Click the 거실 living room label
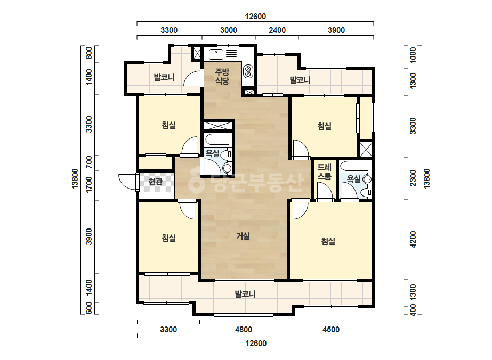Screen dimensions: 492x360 point(243,236)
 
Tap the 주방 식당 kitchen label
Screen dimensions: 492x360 point(222,77)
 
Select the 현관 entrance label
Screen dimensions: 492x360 point(155,182)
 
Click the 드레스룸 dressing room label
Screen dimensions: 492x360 point(324,172)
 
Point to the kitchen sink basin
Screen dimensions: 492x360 point(216,54)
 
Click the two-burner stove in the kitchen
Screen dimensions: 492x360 point(248,71)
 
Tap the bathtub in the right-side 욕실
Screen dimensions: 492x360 point(354,166)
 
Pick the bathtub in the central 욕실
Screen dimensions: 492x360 point(217,139)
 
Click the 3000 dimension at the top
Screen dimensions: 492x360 point(229,30)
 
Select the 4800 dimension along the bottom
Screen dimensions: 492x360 point(244,330)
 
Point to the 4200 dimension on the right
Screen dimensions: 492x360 point(413,239)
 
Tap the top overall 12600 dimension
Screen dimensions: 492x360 point(255,17)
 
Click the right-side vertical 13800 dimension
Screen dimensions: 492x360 point(427,179)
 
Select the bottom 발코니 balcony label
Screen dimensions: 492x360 point(245,294)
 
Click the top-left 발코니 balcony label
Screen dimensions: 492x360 point(164,77)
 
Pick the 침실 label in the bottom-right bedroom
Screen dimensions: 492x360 point(328,241)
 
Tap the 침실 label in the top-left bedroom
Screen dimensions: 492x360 point(169,126)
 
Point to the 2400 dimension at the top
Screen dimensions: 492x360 point(277,30)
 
